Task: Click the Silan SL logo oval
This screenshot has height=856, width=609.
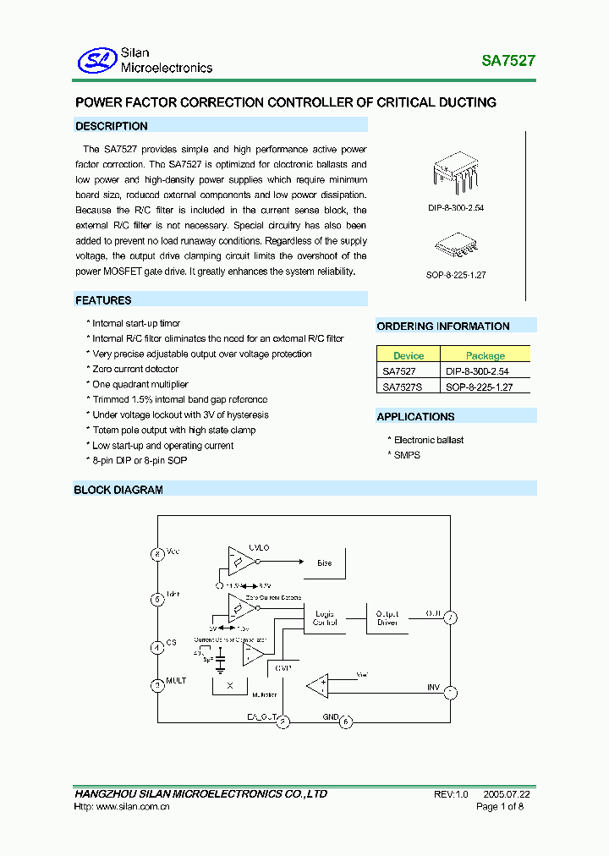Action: coord(96,59)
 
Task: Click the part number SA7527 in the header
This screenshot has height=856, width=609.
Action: coord(508,61)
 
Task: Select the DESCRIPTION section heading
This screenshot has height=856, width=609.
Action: coord(112,126)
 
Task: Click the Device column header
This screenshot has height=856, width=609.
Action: coord(409,356)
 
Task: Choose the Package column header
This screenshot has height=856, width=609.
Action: coord(485,356)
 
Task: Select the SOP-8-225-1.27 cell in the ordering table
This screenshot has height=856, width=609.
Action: coord(479,387)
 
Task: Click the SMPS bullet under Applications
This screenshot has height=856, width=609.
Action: coord(407,455)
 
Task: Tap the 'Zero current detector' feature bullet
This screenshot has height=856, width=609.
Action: coord(135,370)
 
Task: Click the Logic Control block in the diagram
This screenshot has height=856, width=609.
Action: coord(325,617)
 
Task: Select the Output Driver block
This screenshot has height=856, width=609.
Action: coord(387,618)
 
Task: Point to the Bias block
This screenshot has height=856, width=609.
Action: coord(324,562)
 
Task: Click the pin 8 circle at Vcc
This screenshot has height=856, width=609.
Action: coord(156,554)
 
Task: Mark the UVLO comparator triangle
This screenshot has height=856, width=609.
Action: coord(239,562)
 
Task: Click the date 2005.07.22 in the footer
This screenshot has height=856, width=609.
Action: coord(507,794)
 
